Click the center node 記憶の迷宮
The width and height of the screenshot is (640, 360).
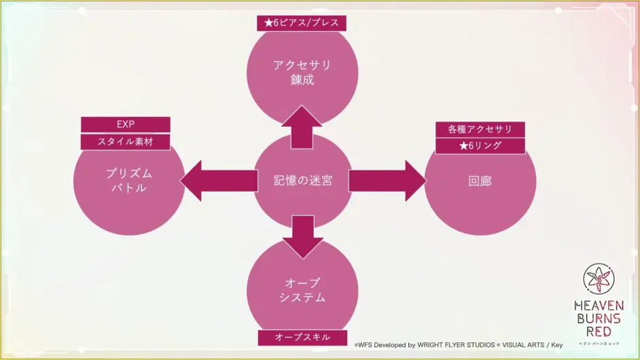pos(302,181)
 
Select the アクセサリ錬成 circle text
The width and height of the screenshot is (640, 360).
pos(302,72)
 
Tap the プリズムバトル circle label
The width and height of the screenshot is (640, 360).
pos(128,181)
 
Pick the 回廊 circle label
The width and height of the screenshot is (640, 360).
pos(480,181)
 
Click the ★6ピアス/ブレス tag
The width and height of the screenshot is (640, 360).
pos(302,22)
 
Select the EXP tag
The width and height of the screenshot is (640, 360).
pos(126,124)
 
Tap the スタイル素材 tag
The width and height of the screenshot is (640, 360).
pos(126,141)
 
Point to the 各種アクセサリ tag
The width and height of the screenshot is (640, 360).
pos(480,128)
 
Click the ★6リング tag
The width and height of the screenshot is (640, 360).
pos(480,145)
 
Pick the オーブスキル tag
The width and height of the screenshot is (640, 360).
pos(302,338)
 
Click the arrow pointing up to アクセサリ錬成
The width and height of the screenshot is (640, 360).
pos(302,128)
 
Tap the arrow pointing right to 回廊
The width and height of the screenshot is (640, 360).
pos(387,181)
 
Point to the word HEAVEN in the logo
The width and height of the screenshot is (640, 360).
pos(598,305)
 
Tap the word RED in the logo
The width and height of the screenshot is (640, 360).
pos(598,331)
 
